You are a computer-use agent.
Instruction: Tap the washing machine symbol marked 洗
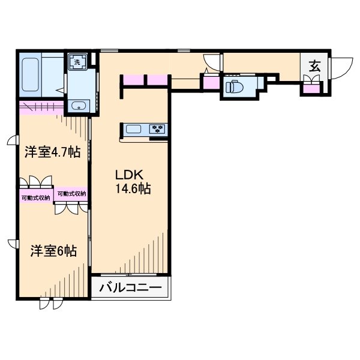tap(77, 61)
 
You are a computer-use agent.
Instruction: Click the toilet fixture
tap(235, 88)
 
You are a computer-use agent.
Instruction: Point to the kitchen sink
tap(133, 128)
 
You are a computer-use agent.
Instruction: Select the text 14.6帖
tap(133, 188)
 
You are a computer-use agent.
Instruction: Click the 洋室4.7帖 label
tap(52, 152)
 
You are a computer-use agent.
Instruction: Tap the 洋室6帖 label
tap(53, 251)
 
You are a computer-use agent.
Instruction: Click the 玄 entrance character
tap(314, 65)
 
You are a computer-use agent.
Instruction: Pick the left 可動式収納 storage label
tap(35, 197)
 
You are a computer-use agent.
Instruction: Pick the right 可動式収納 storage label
tap(72, 194)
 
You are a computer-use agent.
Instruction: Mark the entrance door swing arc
tap(340, 67)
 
